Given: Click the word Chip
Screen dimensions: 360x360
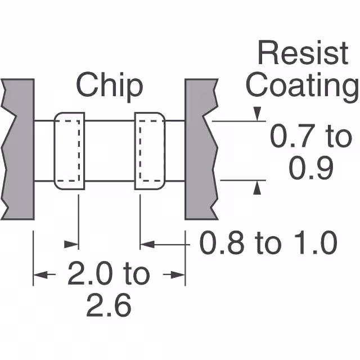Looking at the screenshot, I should (x=109, y=86).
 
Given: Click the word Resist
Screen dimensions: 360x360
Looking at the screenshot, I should (x=303, y=54).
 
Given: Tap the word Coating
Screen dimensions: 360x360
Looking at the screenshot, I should (x=303, y=86).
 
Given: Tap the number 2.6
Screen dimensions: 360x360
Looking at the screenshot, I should (x=108, y=306).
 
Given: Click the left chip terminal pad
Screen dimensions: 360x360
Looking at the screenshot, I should (x=69, y=151).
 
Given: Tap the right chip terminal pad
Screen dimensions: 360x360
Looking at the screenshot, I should (x=150, y=151).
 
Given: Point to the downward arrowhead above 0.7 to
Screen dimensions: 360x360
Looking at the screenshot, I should (x=257, y=115).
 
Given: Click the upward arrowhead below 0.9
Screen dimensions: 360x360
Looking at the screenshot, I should (x=257, y=188).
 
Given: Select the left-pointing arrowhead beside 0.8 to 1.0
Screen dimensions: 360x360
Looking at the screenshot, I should (x=146, y=244).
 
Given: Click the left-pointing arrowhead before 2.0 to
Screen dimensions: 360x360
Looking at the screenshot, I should (x=40, y=275).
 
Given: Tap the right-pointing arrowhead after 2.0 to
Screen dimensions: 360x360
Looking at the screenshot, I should (x=179, y=275).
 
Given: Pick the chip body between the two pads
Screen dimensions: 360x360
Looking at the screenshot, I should (x=109, y=151).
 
